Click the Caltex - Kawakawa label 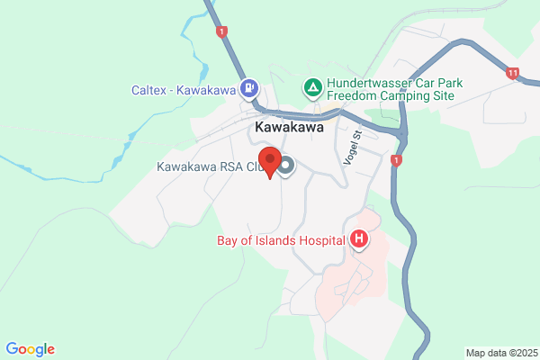point(183,89)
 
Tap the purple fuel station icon point(248,88)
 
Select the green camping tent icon point(311,88)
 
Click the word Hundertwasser point(368,81)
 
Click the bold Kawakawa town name point(289,128)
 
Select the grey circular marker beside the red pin point(286,166)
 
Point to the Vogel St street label point(351,146)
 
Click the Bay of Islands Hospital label point(282,239)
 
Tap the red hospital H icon point(359,239)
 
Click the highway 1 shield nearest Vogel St point(396,160)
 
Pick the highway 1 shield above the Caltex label point(221,31)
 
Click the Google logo point(30,349)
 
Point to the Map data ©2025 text point(500,353)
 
